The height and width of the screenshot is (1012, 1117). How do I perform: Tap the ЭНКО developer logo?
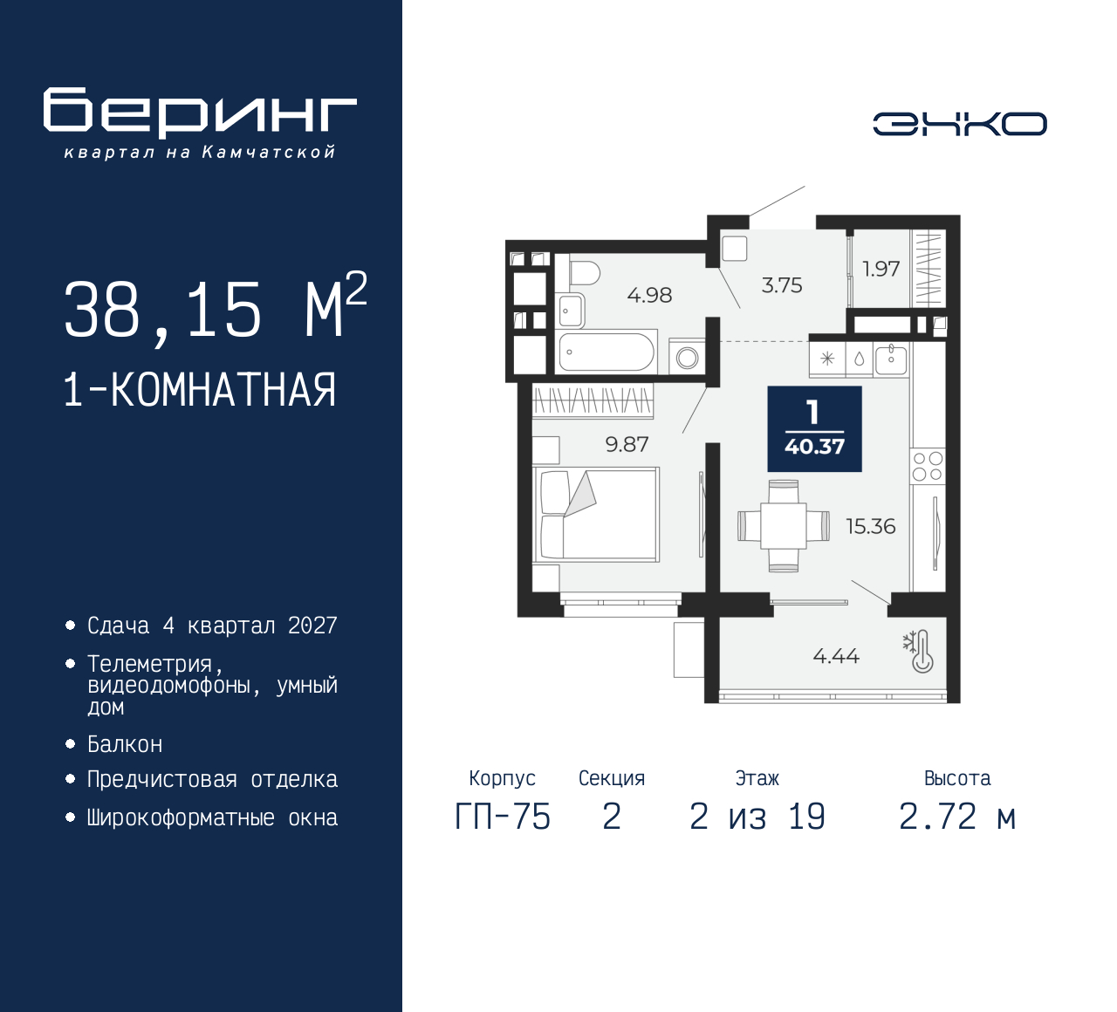tap(959, 124)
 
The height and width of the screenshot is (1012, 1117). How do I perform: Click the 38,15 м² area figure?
tap(216, 306)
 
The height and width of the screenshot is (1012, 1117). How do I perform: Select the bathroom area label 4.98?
tap(649, 295)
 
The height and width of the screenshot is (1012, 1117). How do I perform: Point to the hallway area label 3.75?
tap(782, 285)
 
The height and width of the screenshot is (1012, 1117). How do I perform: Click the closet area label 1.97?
tap(881, 269)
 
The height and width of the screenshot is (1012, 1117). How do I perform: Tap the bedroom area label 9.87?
tap(627, 444)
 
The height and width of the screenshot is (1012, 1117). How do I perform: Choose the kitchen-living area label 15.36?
tap(871, 526)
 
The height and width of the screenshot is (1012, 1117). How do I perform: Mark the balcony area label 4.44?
tap(836, 656)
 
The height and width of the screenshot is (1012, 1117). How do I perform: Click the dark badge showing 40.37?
tap(815, 428)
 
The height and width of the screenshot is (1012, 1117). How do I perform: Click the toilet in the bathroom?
tap(583, 273)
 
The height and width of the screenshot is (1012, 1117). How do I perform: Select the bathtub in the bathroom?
tap(606, 352)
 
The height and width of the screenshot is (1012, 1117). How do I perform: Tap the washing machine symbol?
tap(687, 357)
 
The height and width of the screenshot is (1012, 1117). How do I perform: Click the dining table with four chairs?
tap(784, 526)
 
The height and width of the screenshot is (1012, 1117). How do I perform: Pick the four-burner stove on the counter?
tap(928, 467)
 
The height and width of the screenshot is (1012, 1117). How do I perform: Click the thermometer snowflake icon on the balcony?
tap(918, 652)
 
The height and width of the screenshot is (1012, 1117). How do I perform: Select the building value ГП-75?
tap(503, 817)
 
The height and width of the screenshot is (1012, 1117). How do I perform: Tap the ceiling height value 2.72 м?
tap(957, 817)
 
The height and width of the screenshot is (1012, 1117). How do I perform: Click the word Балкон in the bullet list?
tap(125, 744)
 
